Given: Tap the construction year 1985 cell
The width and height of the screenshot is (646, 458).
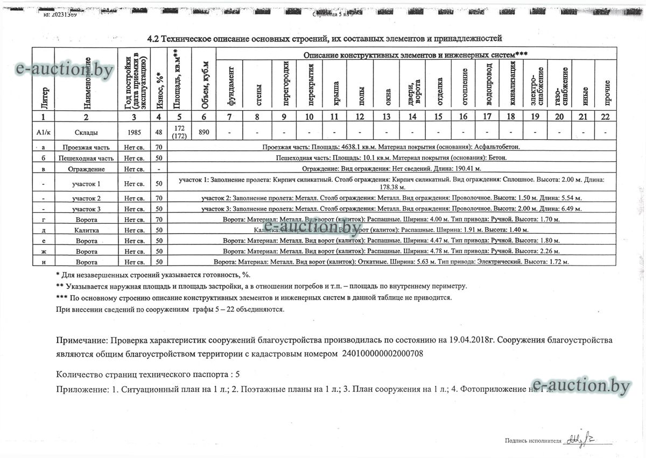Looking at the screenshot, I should [134, 132].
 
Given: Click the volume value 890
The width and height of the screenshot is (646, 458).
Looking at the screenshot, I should [203, 132].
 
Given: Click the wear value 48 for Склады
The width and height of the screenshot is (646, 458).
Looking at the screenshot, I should [158, 132].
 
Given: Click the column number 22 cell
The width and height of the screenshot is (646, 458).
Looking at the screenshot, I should [606, 117].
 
